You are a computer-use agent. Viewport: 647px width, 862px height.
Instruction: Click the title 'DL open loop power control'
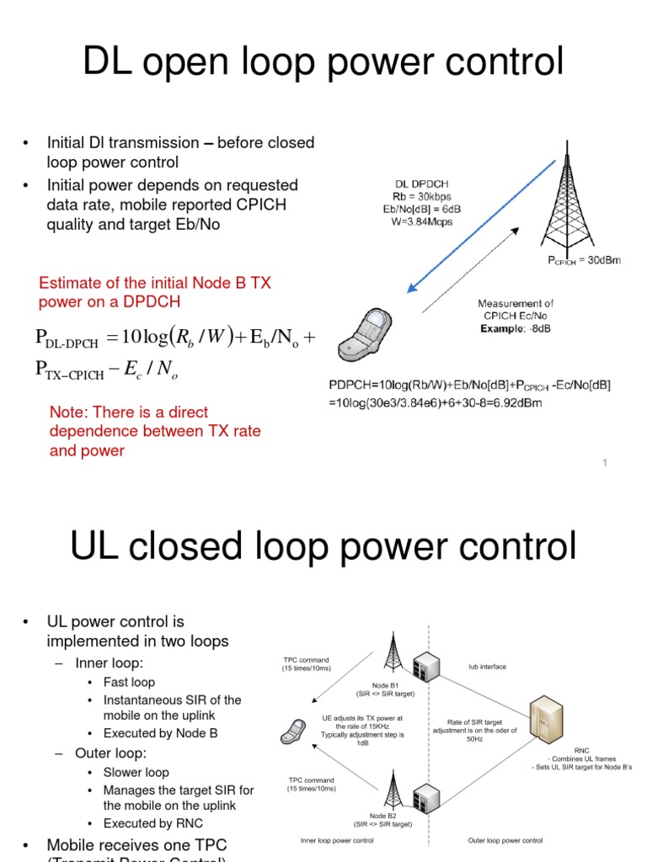[323, 62]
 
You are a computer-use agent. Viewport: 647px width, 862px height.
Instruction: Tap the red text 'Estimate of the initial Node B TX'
[155, 284]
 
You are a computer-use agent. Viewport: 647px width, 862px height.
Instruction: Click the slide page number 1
[605, 462]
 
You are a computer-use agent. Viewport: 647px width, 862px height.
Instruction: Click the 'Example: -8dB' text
[516, 328]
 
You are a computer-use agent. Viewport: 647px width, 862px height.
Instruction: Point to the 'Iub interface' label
[488, 667]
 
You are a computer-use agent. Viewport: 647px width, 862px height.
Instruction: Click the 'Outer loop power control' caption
[505, 840]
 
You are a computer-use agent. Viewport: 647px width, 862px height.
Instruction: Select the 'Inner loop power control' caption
[337, 840]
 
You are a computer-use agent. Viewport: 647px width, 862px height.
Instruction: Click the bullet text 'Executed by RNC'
[153, 823]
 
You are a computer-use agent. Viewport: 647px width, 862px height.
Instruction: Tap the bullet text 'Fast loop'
[129, 682]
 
